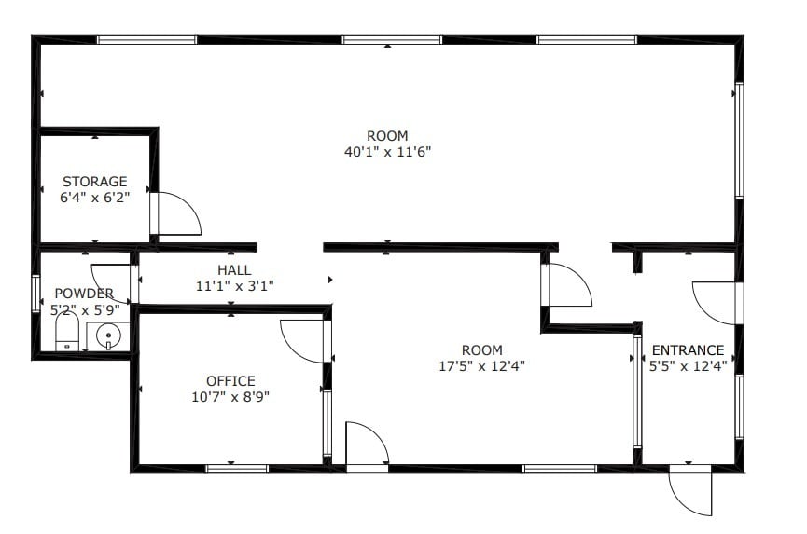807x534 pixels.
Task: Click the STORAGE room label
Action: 95,181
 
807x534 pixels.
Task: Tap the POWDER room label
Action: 84,294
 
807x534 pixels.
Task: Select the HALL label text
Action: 234,270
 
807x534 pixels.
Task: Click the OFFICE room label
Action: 230,381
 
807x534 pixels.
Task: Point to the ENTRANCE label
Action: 688,351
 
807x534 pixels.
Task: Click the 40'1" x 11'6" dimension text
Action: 387,151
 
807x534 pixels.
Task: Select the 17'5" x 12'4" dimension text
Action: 482,366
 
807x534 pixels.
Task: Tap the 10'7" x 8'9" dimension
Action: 230,396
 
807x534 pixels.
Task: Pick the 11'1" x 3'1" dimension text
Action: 234,285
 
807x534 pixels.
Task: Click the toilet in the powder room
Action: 67,331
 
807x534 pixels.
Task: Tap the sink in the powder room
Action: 109,335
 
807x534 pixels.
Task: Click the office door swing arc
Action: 303,340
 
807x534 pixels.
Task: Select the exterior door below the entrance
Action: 689,490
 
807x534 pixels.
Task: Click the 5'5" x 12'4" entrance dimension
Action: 688,366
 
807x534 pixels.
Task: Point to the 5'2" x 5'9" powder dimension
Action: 84,309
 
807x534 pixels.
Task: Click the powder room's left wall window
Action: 36,293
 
